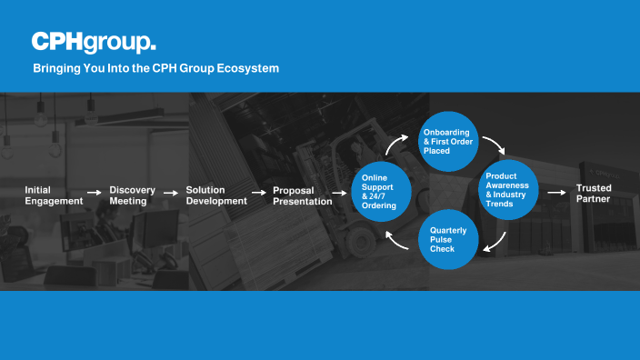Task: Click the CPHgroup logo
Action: point(94,42)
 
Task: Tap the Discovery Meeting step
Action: point(132,195)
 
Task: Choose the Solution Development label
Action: point(216,195)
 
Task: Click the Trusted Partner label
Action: point(594,194)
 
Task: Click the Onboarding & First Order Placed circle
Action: point(448,142)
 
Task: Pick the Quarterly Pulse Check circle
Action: point(448,240)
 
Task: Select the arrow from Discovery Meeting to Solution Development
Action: point(171,194)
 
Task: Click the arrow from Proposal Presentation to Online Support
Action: point(340,194)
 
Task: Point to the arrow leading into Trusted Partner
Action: point(556,193)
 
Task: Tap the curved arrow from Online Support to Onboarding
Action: point(396,145)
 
